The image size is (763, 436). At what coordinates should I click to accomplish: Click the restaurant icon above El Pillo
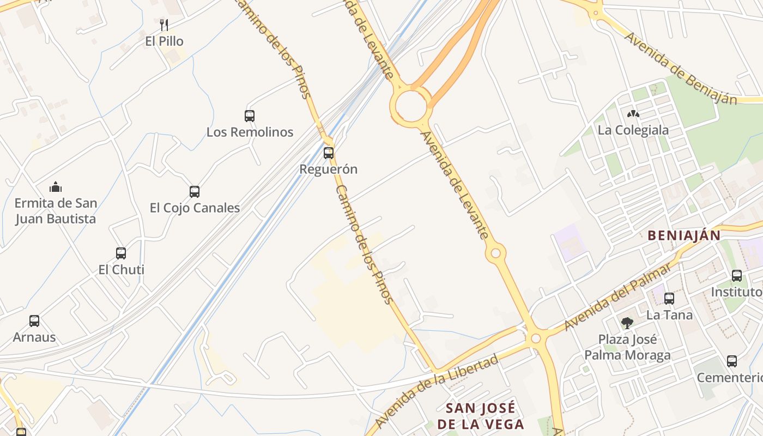point(164,25)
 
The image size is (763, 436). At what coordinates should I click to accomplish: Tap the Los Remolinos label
point(250,132)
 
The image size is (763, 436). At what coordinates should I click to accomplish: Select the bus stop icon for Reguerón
point(329,153)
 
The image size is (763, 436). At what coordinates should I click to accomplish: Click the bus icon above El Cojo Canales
point(195,192)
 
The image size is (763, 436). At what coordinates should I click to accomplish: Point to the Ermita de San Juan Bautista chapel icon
point(56,187)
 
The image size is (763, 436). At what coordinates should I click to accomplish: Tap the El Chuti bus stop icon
point(121,253)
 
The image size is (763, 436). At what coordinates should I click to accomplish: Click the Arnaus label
point(34,337)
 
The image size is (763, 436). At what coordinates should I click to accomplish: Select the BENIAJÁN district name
point(684,235)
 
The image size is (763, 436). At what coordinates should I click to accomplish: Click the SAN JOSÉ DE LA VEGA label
point(480,416)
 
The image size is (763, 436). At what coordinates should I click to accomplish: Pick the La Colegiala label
point(633,130)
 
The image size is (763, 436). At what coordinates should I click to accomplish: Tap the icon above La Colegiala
point(633,114)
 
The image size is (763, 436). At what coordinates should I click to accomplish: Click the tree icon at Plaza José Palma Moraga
point(627,323)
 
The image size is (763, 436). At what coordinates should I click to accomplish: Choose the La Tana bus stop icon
point(669,299)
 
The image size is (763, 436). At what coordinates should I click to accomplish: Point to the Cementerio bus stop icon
point(732,361)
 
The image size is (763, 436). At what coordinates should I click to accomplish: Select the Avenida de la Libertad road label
point(437,390)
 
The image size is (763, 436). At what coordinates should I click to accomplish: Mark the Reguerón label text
point(329,169)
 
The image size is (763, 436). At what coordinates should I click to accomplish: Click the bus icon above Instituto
point(737,276)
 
